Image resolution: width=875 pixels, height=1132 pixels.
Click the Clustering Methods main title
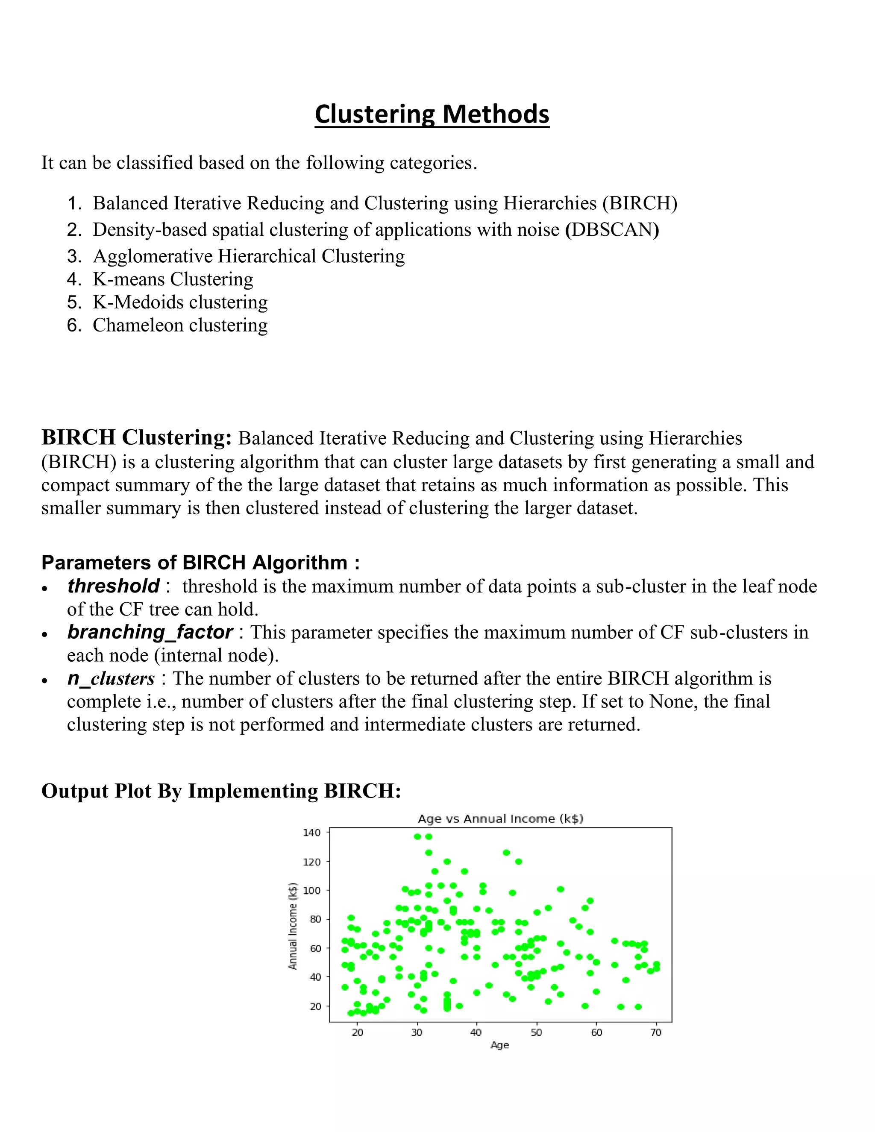432,114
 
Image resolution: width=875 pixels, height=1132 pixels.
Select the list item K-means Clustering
173,279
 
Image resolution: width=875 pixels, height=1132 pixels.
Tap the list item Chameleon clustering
180,326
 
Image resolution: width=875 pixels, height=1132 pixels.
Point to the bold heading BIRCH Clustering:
136,437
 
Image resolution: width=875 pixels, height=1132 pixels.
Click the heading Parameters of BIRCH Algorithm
200,563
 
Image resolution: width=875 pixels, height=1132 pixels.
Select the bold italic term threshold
113,586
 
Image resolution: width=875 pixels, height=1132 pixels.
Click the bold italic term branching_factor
150,632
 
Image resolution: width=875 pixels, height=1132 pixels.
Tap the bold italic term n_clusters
111,678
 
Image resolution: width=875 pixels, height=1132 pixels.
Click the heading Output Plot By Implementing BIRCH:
221,791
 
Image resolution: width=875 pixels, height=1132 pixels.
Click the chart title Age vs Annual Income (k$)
500,818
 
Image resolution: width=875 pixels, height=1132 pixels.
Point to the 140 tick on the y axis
311,833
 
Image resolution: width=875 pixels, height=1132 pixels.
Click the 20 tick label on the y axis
314,1006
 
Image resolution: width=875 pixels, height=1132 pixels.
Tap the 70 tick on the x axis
656,1032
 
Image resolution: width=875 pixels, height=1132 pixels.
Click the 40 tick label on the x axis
476,1032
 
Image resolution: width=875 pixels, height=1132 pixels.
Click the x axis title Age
500,1045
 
